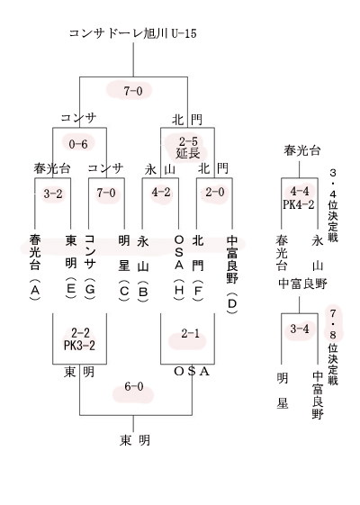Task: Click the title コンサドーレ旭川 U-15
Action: (x=132, y=33)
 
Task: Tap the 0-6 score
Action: (x=78, y=144)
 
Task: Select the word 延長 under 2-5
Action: (x=188, y=153)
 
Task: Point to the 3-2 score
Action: (x=53, y=194)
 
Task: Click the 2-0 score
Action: (x=215, y=193)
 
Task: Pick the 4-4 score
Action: (x=300, y=192)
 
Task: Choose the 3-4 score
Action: (x=300, y=329)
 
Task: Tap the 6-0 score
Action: (x=133, y=386)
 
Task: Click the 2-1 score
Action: (x=190, y=334)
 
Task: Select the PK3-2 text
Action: (x=79, y=346)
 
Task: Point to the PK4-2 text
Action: (x=299, y=204)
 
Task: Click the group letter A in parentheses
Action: (x=35, y=291)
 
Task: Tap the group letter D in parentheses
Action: (x=232, y=303)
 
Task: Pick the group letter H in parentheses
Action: (x=179, y=290)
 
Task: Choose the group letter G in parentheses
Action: (x=90, y=289)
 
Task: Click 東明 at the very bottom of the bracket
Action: (x=135, y=440)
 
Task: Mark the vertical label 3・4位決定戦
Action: (x=333, y=205)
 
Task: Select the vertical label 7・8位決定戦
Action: (x=333, y=347)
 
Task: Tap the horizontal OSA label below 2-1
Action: (x=192, y=372)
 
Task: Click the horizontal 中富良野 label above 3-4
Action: (x=302, y=284)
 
